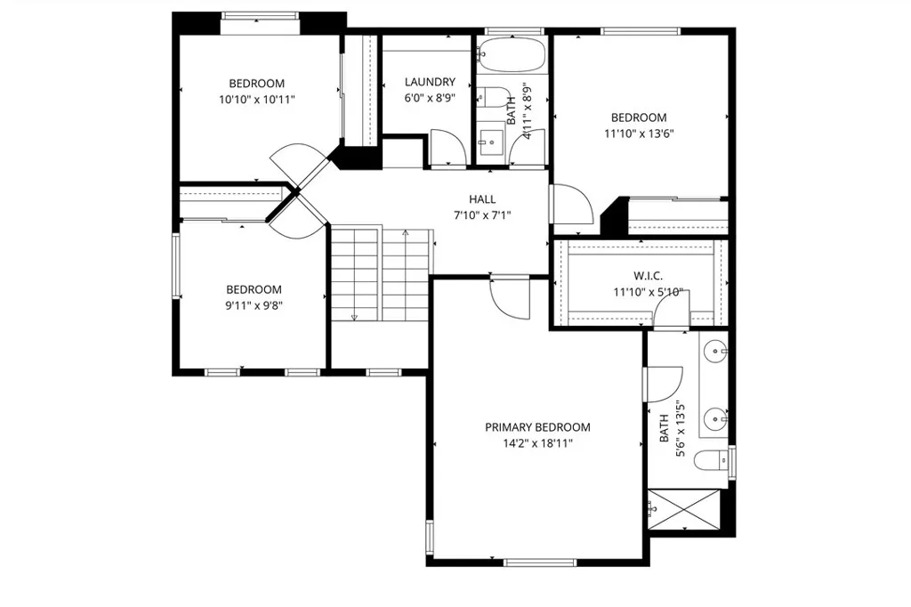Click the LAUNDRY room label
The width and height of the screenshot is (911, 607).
(430, 82)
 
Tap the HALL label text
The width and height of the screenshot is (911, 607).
(482, 199)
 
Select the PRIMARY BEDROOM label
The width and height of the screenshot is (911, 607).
(537, 427)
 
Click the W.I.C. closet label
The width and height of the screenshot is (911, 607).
(648, 276)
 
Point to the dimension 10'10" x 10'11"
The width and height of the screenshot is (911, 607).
(257, 100)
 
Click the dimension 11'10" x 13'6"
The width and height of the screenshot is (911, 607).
(639, 134)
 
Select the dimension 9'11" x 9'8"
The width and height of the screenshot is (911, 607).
(254, 305)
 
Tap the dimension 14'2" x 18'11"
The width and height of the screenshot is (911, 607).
(538, 443)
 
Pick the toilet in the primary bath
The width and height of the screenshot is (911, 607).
(711, 461)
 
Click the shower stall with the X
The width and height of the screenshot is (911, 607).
(684, 510)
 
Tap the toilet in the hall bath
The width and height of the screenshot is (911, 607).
(493, 97)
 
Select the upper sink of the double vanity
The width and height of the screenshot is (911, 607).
(715, 352)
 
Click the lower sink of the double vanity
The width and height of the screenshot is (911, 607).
(715, 418)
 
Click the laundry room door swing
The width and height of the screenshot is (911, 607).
(448, 146)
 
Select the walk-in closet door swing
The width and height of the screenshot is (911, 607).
(672, 309)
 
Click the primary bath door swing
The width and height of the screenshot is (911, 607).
(663, 384)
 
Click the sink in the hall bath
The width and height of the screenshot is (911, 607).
(491, 142)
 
